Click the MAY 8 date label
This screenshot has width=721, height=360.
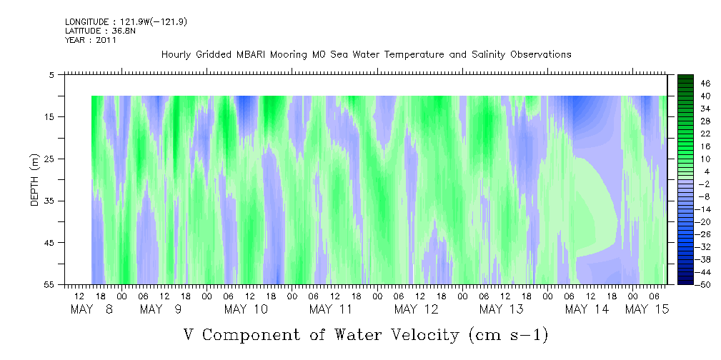tap(91, 309)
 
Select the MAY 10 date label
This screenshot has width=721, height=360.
tap(246, 309)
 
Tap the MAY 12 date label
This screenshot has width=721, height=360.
tap(416, 309)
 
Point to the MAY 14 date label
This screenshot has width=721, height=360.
tap(587, 309)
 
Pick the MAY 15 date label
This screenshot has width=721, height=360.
tap(647, 309)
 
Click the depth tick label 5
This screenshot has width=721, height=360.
tap(51, 75)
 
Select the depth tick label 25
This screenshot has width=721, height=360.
tap(48, 159)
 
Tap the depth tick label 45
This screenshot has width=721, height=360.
tap(48, 243)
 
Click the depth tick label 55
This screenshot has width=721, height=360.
tap(48, 284)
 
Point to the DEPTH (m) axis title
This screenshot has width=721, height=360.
tap(35, 180)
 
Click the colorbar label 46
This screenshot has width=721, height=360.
tap(706, 84)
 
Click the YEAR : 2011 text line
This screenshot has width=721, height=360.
tap(91, 40)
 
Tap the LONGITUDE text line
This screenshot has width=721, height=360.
tap(126, 22)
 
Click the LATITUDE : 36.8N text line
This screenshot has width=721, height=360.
tap(97, 31)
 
